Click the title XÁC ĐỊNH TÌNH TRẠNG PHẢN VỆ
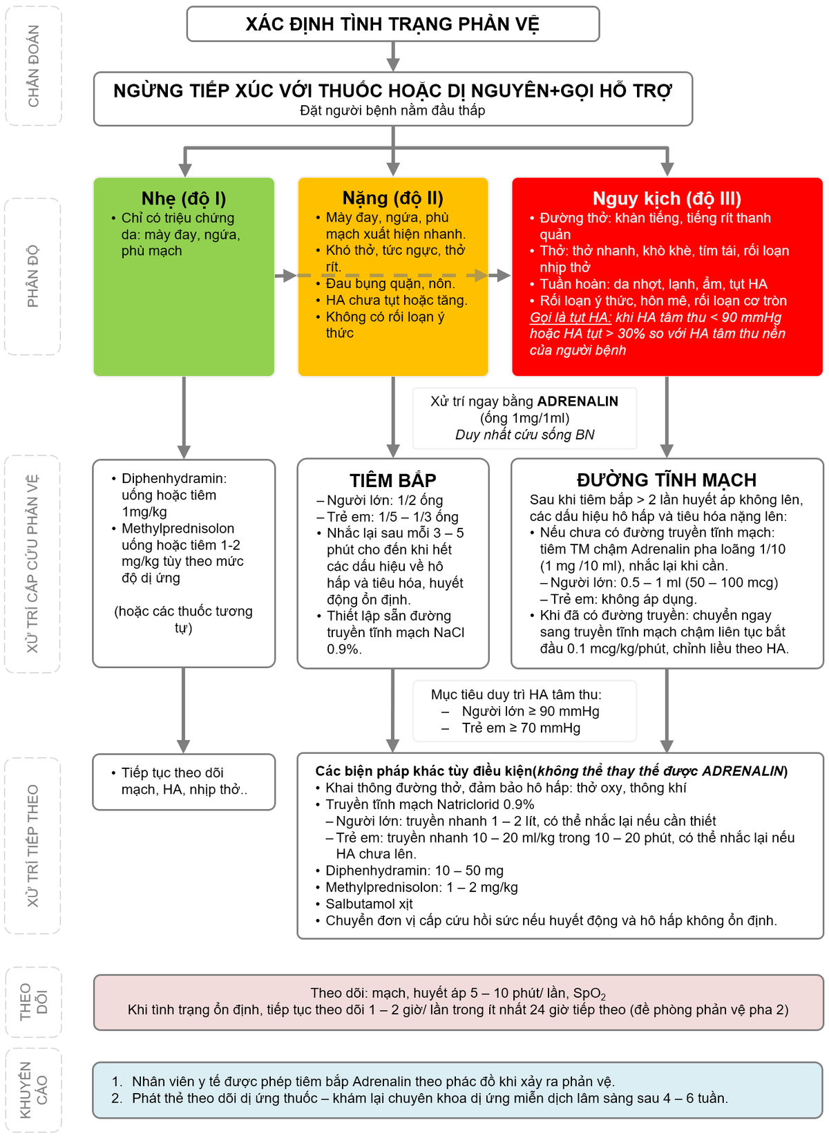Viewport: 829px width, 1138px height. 392,24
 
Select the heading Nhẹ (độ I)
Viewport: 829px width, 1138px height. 184,199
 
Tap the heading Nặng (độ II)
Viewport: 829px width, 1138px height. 393,198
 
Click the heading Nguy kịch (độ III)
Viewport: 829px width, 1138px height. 667,199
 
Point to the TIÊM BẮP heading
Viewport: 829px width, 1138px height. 393,480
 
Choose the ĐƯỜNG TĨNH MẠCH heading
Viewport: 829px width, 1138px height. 667,480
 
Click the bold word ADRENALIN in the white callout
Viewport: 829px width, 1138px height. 578,401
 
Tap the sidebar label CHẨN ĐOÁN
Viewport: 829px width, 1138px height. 33,66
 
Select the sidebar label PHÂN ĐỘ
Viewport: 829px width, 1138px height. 32,276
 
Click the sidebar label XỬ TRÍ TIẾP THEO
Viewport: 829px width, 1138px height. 32,846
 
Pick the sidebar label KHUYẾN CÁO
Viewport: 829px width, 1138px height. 33,1090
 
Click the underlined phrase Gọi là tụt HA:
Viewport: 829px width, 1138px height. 571,317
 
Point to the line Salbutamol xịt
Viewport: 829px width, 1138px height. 369,904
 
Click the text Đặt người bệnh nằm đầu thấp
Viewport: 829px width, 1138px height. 392,111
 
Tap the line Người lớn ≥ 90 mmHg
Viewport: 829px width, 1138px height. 530,712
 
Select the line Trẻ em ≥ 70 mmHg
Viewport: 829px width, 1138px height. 521,728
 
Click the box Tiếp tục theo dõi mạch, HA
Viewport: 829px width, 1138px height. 184,781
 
